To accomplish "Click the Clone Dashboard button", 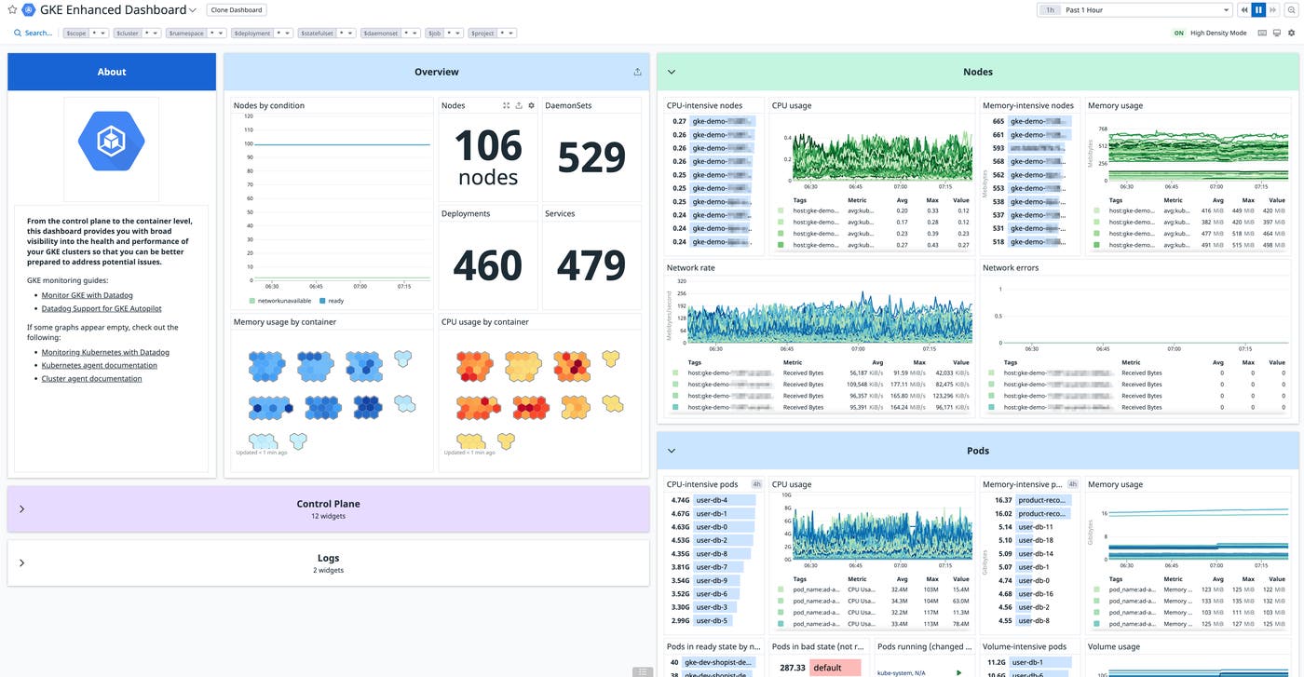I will [x=237, y=10].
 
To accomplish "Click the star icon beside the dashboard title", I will [x=12, y=10].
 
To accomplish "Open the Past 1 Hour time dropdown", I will [x=1147, y=10].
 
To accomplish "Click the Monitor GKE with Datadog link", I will [x=87, y=295].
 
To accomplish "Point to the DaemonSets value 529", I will [x=591, y=157].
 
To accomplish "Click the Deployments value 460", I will [x=488, y=265].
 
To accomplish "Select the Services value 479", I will [x=591, y=265].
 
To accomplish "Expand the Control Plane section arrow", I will [x=21, y=509].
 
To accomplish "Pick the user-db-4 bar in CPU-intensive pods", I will [x=712, y=500].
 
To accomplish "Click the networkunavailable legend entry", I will [x=282, y=301].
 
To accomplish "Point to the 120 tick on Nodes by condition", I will [x=248, y=116].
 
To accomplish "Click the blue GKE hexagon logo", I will [x=111, y=141].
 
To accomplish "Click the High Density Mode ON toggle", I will [x=1178, y=34].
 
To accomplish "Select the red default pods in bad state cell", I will [x=835, y=668].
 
